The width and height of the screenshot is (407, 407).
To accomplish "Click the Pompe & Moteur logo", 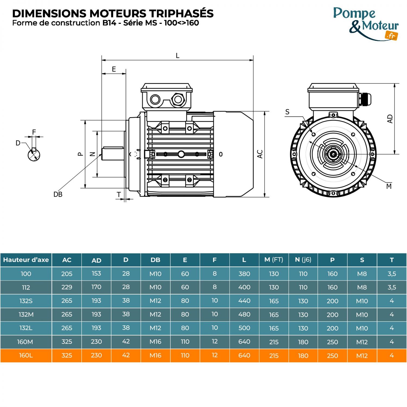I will (x=365, y=24).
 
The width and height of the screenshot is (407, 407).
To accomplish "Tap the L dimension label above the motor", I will (x=177, y=56).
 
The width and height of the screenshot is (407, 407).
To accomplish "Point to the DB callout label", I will (x=58, y=195).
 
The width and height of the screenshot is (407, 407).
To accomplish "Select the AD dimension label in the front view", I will (x=390, y=119).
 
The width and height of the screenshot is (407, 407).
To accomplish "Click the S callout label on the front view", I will (x=287, y=112).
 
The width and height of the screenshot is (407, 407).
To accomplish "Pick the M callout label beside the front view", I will (x=389, y=186).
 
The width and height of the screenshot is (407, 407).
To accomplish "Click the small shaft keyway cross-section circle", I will (x=34, y=155).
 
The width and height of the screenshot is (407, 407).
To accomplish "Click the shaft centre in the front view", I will (x=333, y=154).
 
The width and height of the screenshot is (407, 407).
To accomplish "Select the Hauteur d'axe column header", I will (x=26, y=260).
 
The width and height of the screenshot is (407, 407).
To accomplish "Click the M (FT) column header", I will (x=274, y=260).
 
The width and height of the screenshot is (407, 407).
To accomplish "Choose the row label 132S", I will (x=26, y=301).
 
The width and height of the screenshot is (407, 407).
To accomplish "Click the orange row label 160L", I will (x=26, y=355).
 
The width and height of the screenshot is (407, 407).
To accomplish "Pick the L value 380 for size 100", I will (x=244, y=274).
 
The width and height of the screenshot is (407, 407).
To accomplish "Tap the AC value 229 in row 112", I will (x=67, y=287).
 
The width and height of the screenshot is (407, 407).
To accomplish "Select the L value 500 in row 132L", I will (x=244, y=328).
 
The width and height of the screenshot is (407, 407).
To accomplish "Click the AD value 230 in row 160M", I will (x=96, y=342).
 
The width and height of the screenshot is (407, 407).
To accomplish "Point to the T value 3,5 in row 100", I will (x=392, y=274).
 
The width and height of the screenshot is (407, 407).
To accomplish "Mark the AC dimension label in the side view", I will (x=260, y=154).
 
